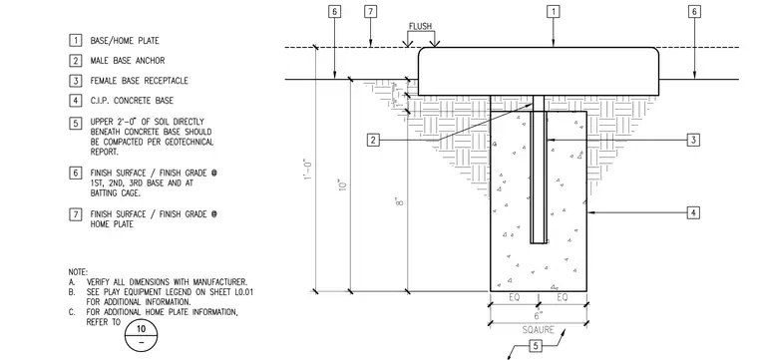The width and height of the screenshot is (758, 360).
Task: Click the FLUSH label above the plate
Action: (420, 26)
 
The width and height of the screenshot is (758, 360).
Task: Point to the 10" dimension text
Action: (343, 185)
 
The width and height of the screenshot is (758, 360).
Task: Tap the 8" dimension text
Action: (399, 201)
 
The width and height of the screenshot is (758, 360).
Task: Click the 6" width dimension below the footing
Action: (538, 315)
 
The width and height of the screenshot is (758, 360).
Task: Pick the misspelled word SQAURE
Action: (538, 330)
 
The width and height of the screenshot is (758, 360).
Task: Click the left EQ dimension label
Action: (515, 297)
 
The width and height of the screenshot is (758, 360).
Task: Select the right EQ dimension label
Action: (563, 297)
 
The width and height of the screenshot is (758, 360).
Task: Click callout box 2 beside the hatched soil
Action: (373, 141)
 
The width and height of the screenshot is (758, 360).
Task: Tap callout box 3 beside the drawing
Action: (693, 141)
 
